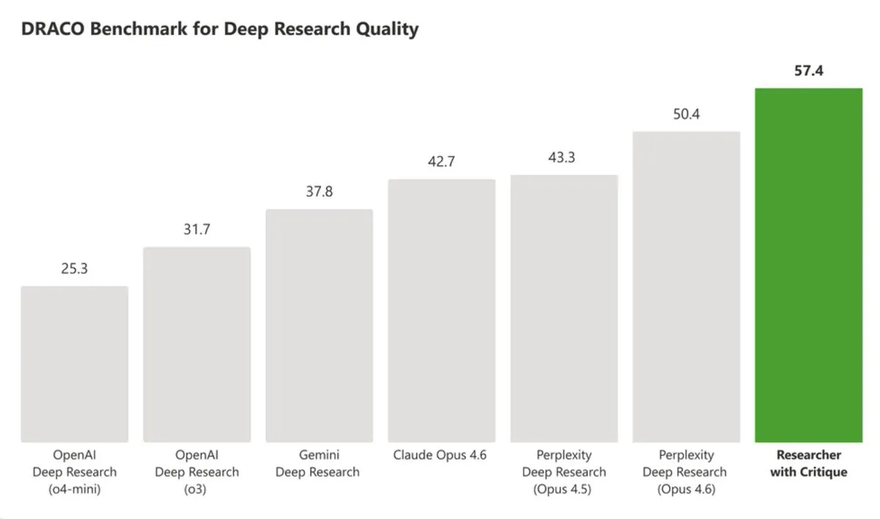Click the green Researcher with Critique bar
click(808, 264)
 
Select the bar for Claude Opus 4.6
click(441, 311)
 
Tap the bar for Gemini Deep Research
click(319, 326)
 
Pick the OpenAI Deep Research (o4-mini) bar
click(74, 364)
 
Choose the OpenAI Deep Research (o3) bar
click(197, 345)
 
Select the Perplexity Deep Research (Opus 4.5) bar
click(564, 309)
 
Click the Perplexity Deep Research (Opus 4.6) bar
click(686, 287)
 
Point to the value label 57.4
click(808, 72)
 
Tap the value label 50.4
click(686, 115)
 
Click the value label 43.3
click(561, 158)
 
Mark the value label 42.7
click(441, 163)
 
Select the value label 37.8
click(319, 192)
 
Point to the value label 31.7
click(197, 229)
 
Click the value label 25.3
click(74, 269)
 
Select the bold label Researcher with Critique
click(808, 463)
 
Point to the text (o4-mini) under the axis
click(74, 489)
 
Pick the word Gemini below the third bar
click(319, 455)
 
